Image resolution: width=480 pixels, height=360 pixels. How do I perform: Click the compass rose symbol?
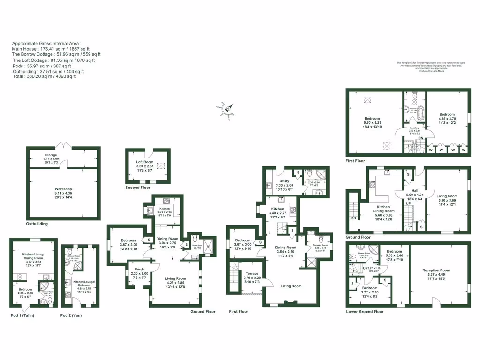(226, 109)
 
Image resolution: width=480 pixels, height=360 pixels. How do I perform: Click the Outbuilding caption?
(37, 224)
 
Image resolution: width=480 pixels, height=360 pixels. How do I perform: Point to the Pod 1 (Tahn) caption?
(23, 315)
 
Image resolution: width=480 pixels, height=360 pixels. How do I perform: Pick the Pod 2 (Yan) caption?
(71, 315)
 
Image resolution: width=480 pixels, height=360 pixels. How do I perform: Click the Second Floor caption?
(138, 187)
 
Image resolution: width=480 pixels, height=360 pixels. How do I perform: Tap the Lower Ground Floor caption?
(365, 311)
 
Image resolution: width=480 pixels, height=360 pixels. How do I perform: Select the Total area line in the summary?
(44, 76)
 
